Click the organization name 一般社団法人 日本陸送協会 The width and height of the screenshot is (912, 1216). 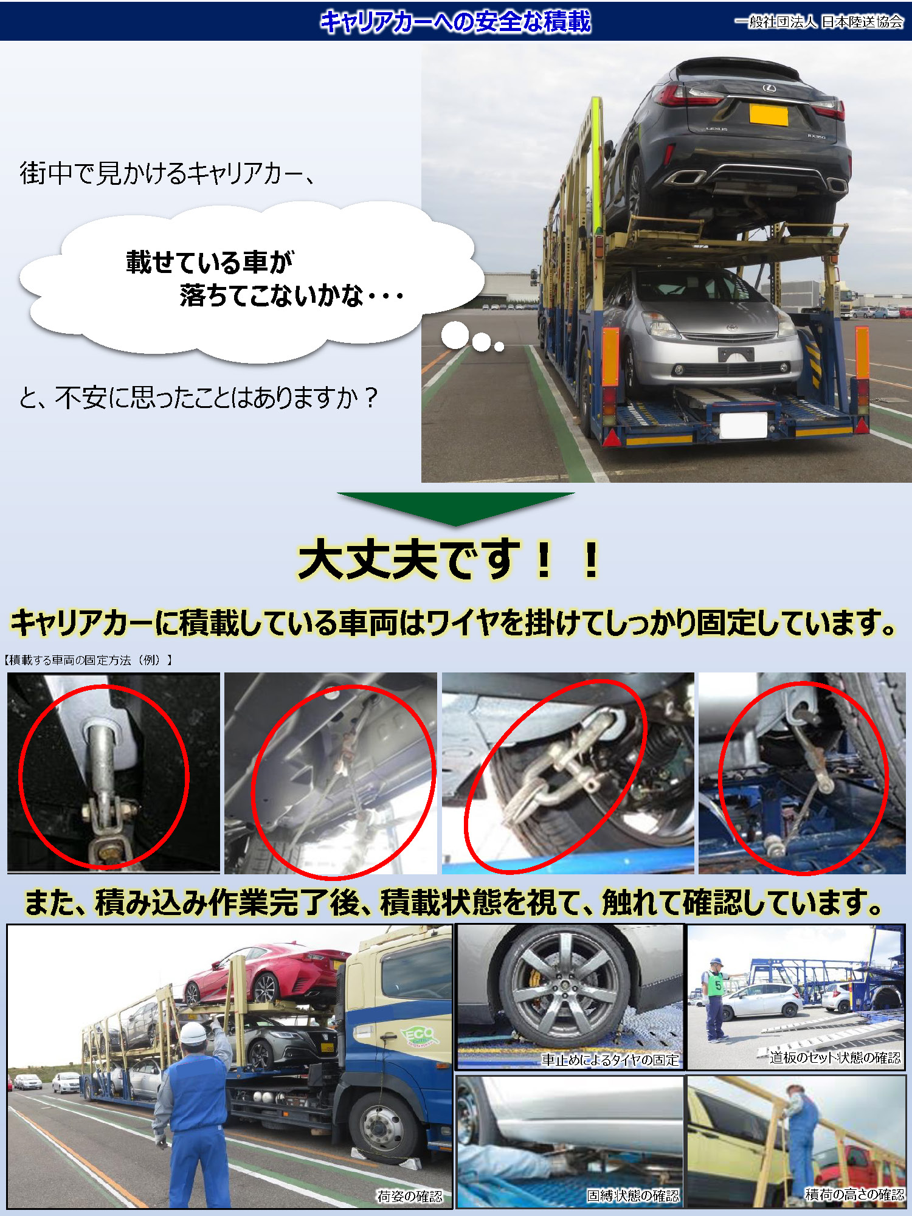tap(818, 22)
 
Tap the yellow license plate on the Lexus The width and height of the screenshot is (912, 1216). tap(769, 114)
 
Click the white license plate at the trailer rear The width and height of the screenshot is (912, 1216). tap(743, 425)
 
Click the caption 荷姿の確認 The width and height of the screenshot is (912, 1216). tap(409, 1196)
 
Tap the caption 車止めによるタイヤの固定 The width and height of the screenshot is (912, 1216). tap(610, 1060)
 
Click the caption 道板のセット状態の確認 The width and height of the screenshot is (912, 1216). tap(835, 1057)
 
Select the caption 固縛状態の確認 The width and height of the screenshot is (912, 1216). tap(632, 1195)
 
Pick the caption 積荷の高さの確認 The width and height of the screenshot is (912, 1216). tap(854, 1194)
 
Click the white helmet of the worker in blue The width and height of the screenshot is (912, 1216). tap(194, 1032)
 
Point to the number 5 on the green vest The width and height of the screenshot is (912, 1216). tap(718, 986)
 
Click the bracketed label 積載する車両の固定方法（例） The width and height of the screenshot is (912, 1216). tap(89, 660)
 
